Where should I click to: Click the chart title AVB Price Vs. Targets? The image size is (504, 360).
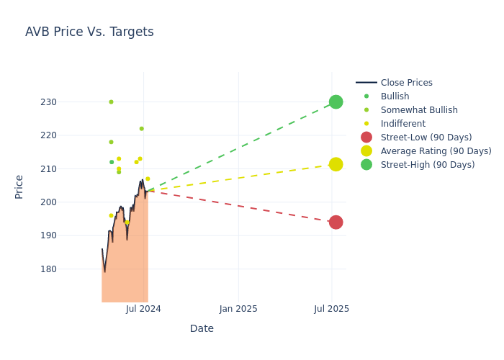pos(89,32)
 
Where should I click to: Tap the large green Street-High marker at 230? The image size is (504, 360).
pos(336,102)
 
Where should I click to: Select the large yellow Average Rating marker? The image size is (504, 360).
pos(336,164)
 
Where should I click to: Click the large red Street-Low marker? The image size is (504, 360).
pos(336,222)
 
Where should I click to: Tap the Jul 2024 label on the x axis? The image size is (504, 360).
pos(143,309)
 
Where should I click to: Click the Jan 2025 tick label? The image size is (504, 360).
pos(238,309)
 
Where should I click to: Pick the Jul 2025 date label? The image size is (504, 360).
pos(332,309)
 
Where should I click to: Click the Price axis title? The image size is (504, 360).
pos(19,186)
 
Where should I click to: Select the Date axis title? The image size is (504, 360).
pos(202,328)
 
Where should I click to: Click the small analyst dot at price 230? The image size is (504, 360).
pos(111,102)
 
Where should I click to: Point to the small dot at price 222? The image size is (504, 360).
pos(141,129)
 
